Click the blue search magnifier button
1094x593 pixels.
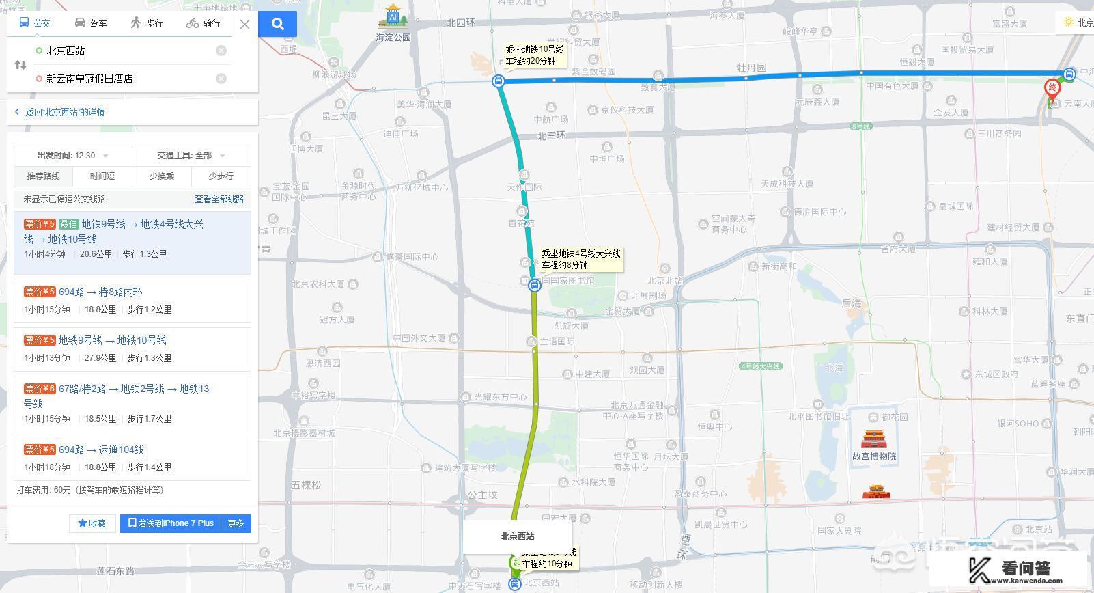pyautogui.click(x=277, y=24)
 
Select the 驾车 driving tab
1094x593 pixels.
pyautogui.click(x=91, y=23)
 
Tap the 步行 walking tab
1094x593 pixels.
pyautogui.click(x=147, y=23)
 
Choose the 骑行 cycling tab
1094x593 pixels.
pyautogui.click(x=204, y=23)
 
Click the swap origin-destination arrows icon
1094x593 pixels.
pyautogui.click(x=20, y=65)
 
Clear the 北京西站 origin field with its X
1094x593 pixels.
pyautogui.click(x=221, y=51)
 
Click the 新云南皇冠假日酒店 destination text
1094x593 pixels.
pyautogui.click(x=89, y=79)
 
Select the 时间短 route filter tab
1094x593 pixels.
pyautogui.click(x=102, y=176)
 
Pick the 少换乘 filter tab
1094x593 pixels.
pyautogui.click(x=162, y=176)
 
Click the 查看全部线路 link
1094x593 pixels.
pyautogui.click(x=219, y=199)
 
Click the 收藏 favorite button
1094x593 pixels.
pyautogui.click(x=92, y=523)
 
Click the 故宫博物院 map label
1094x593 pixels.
pyautogui.click(x=874, y=456)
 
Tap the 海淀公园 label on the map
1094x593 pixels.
pyautogui.click(x=393, y=38)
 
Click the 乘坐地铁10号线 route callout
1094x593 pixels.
pyautogui.click(x=535, y=55)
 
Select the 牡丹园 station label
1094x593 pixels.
pyautogui.click(x=751, y=68)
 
